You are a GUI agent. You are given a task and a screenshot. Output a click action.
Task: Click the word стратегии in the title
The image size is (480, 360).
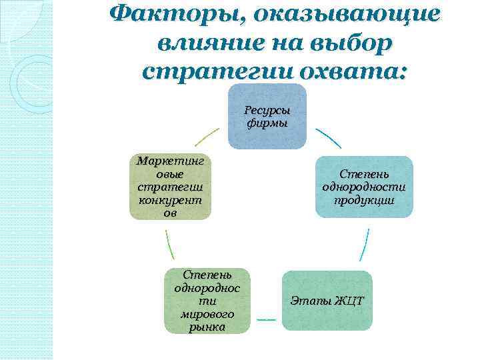(212, 70)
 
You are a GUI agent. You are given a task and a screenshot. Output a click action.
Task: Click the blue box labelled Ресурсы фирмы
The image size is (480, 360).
(267, 116)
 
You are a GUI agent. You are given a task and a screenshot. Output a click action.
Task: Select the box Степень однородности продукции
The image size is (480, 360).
(364, 187)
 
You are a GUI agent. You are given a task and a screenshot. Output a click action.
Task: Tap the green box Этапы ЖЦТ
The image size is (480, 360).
(327, 301)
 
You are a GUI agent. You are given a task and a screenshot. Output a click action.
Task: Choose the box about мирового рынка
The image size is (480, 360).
(207, 301)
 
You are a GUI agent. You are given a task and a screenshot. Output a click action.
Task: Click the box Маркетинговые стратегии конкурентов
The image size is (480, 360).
(170, 187)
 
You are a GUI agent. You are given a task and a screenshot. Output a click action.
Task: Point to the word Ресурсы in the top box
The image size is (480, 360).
(267, 110)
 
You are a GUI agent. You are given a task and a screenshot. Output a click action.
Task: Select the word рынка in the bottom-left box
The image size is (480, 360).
(207, 327)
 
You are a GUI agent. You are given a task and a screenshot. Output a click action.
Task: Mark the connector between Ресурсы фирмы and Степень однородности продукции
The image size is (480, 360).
(328, 138)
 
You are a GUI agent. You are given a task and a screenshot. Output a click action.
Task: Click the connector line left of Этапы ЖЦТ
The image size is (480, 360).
(266, 320)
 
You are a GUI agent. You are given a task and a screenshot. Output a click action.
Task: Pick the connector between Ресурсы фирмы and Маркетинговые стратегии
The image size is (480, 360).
(206, 137)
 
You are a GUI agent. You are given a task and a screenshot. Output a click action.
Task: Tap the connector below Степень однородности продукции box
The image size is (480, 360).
(364, 245)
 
